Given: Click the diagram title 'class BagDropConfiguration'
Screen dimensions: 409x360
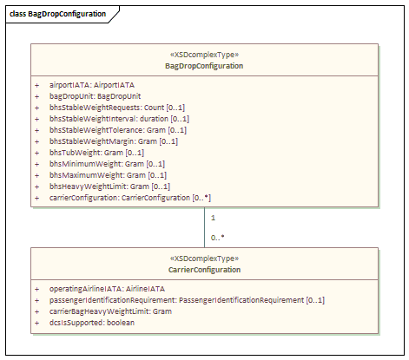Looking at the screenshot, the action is tap(57, 14).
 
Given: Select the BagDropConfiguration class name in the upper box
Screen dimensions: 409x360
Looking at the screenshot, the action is tap(204, 66).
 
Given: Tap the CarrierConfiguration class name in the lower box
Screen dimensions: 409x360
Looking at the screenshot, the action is tap(204, 270).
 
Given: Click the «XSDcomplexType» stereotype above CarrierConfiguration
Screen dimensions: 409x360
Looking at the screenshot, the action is tap(204, 259).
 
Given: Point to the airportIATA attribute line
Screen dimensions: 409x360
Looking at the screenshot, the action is tap(92, 85).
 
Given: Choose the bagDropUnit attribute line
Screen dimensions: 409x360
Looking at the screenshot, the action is tap(95, 96).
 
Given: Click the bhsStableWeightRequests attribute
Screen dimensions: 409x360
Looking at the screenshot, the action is tap(117, 108).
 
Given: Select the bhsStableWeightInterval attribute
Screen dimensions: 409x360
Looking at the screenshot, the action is tap(119, 119).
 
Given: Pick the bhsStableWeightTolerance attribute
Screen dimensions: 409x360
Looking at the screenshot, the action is tap(118, 130).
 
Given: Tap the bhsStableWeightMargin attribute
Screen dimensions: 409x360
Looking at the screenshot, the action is tap(114, 141).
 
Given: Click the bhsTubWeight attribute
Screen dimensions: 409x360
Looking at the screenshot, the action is tap(96, 153).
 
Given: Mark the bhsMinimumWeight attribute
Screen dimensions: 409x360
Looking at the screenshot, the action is tap(107, 164).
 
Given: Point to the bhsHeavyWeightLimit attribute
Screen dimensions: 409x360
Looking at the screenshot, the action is tap(109, 187).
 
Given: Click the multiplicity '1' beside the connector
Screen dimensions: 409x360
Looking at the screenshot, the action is tap(213, 218).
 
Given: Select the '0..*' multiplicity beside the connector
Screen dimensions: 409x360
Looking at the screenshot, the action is tap(217, 238).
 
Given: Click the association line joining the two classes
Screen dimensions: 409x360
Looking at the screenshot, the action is tap(204, 227).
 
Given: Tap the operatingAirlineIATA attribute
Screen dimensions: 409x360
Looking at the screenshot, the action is tap(107, 289).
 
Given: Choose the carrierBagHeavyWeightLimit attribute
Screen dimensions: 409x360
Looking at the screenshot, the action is tap(110, 311).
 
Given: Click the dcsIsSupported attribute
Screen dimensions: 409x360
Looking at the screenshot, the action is tap(92, 323).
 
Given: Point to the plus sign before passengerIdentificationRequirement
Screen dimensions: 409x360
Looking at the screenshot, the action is tap(36, 300).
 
